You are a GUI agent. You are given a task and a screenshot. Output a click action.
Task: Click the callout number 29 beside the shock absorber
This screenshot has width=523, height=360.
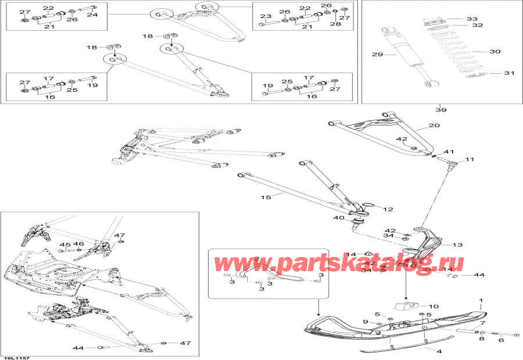coord(377,55)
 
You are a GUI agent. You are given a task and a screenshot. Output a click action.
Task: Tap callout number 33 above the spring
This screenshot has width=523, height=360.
coord(472,19)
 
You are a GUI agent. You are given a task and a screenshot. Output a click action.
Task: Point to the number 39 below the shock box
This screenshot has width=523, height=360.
coord(441,110)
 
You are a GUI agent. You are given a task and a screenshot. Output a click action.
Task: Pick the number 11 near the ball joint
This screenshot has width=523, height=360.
coord(469,159)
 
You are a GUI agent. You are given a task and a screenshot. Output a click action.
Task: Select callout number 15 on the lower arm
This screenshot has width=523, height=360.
coord(266,198)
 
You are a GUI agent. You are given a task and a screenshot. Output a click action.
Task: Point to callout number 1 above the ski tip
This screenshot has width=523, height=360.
coord(481,301)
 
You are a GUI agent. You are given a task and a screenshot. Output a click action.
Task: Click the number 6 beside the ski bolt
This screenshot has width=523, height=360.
coord(501,341)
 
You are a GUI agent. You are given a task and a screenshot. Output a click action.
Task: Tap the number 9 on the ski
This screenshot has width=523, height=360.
coord(366,321)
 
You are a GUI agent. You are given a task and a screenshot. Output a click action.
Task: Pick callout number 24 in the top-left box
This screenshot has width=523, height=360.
coord(92,15)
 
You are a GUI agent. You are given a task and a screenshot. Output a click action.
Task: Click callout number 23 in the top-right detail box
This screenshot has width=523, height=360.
coord(265,16)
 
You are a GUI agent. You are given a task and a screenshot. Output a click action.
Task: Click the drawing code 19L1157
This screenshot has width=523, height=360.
coord(15,358)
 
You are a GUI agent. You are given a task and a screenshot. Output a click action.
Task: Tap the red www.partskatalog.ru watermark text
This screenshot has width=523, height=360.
coord(339,264)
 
